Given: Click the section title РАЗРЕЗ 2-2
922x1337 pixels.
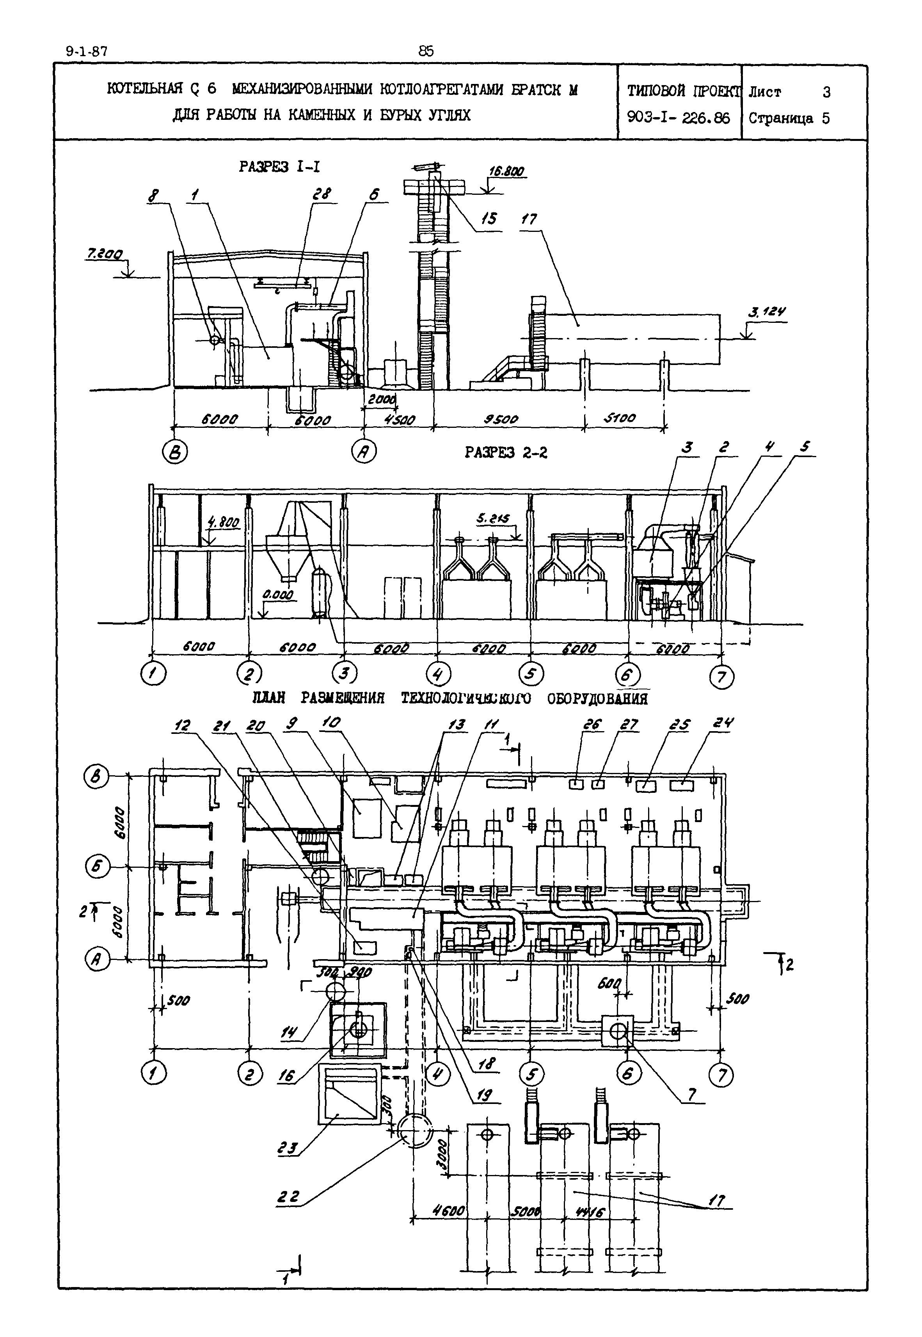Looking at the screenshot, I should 506,452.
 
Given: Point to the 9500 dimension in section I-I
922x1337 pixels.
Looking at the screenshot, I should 501,418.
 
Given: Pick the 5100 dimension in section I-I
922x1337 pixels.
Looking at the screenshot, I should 619,417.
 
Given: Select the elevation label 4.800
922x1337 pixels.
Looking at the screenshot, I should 223,523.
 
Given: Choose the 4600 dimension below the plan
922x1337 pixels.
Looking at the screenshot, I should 449,1211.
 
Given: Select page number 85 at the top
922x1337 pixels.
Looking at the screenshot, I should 426,52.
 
